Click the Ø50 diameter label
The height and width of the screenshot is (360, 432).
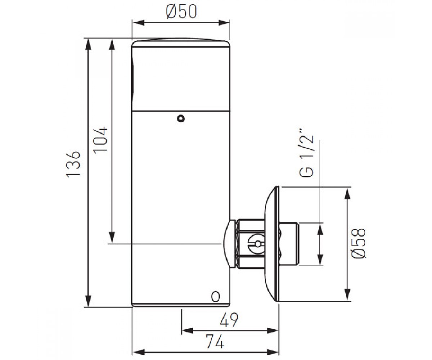pos(181,12)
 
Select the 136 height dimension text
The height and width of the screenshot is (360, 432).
pos(73,164)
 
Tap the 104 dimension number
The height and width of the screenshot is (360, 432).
pos(100,140)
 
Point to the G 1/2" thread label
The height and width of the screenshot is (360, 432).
pos(306,153)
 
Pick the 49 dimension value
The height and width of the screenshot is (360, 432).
pos(229,320)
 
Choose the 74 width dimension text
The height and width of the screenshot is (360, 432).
pos(215,342)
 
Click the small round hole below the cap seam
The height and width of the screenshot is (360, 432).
pos(181,119)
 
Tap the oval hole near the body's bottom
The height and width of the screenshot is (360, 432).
pos(215,297)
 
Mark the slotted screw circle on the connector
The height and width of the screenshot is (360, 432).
pos(257,244)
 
